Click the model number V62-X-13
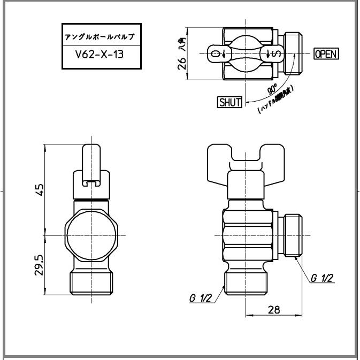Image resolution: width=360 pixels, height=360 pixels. (x=101, y=54)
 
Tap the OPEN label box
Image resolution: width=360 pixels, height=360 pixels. (x=326, y=53)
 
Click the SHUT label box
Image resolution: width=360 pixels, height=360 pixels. (x=229, y=102)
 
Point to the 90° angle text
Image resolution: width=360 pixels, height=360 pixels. (x=272, y=89)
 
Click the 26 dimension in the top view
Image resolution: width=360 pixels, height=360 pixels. (x=182, y=63)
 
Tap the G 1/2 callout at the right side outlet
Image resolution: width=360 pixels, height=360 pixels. (x=322, y=278)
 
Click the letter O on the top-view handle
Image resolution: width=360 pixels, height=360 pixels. (x=215, y=53)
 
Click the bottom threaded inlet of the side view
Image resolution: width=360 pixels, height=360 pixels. (x=245, y=281)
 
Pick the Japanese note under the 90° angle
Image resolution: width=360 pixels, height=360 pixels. (x=275, y=99)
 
